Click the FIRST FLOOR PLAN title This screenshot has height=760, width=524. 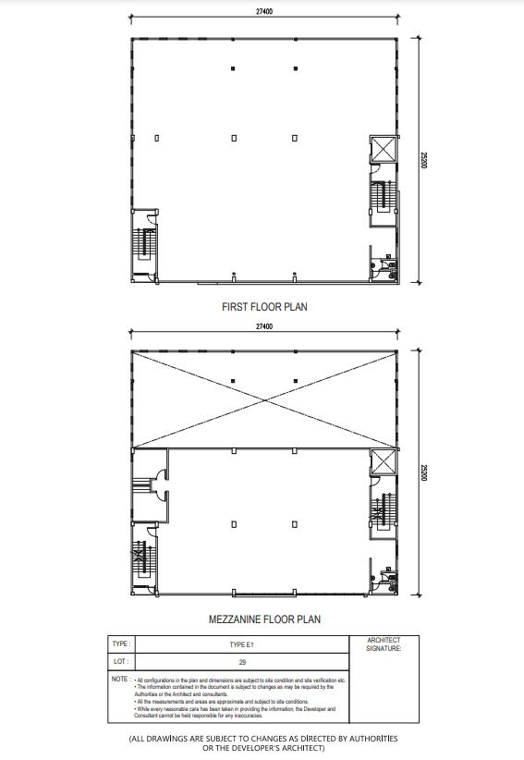click(x=264, y=305)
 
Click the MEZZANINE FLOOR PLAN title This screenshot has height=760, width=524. click(x=264, y=619)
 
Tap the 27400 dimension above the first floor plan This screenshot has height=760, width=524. click(x=265, y=12)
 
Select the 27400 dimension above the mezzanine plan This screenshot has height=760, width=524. click(x=265, y=327)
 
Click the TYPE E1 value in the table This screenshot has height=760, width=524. click(x=242, y=644)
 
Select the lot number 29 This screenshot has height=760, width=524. click(x=242, y=662)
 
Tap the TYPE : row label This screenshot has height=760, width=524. click(x=121, y=644)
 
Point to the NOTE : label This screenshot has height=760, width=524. click(x=120, y=680)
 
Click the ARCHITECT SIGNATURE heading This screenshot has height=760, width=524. click(x=384, y=644)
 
